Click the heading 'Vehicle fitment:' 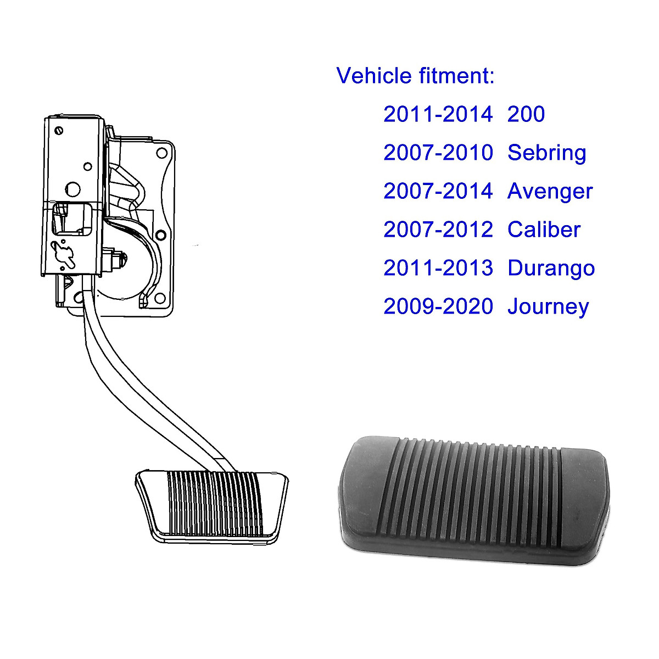tap(415, 76)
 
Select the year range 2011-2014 tap(438, 114)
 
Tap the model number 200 tap(526, 114)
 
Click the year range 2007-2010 tap(438, 153)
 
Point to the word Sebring tap(546, 153)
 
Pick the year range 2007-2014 tap(438, 191)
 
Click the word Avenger tap(550, 191)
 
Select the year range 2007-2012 tap(438, 230)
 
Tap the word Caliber tap(544, 230)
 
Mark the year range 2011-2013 tap(438, 268)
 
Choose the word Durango tap(551, 268)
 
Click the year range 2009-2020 tap(438, 306)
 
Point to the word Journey tap(548, 306)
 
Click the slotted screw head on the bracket tap(59, 131)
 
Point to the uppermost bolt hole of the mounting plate tap(162, 153)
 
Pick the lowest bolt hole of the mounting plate tap(161, 299)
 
